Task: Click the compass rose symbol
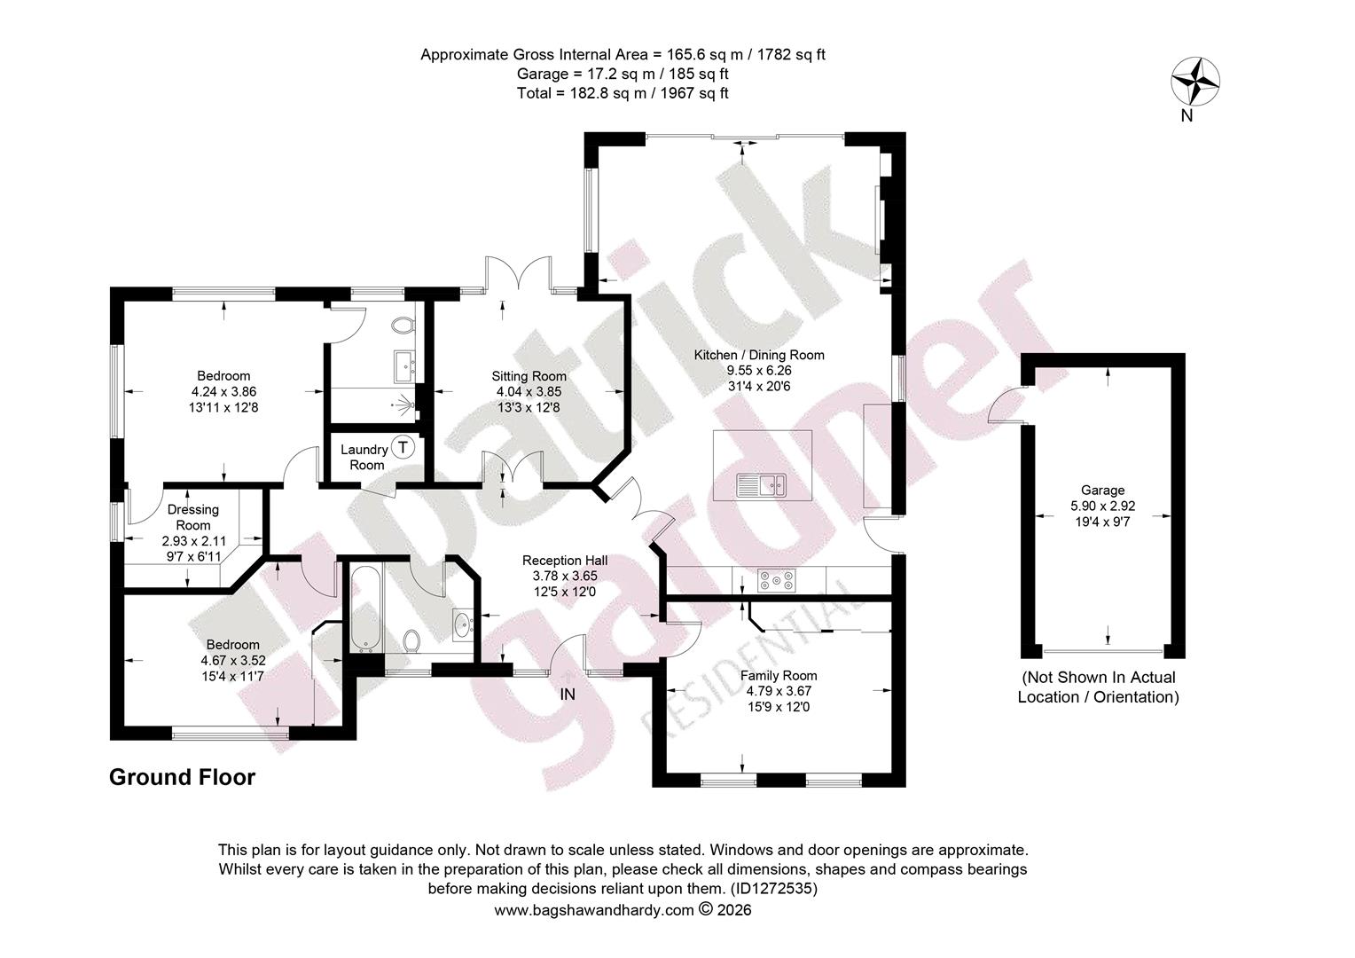click(x=1194, y=82)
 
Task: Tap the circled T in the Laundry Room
click(x=403, y=448)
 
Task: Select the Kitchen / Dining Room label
click(x=758, y=355)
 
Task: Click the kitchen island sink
click(x=761, y=485)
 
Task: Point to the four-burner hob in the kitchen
click(x=776, y=580)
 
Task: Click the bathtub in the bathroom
click(x=365, y=609)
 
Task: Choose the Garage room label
click(x=1103, y=491)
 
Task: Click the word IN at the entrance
click(x=568, y=695)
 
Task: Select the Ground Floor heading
click(x=182, y=777)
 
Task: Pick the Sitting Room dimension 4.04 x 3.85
click(x=529, y=392)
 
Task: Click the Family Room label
click(x=779, y=675)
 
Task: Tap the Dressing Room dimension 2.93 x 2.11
click(x=193, y=541)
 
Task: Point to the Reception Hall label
click(x=565, y=561)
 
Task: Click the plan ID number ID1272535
click(x=773, y=889)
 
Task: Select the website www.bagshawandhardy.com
click(x=594, y=910)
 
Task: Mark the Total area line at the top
click(x=623, y=93)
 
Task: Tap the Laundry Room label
click(x=364, y=457)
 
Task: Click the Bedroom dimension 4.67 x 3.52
click(x=233, y=660)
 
